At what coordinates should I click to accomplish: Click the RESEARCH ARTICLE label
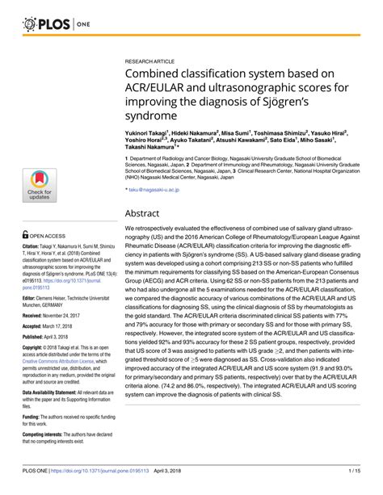(x=149, y=61)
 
